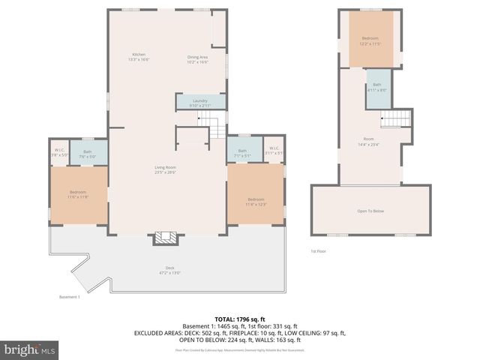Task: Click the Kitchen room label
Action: [139, 57]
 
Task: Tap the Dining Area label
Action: [197, 59]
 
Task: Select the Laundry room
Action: [199, 103]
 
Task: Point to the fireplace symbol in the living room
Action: [167, 238]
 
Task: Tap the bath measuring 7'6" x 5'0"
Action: [88, 154]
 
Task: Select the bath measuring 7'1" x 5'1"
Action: [242, 153]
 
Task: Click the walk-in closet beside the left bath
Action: [58, 153]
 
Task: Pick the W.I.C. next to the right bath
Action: [274, 150]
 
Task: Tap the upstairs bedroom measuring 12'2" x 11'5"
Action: [370, 40]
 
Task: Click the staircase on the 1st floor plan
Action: [395, 118]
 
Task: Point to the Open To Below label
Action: [370, 211]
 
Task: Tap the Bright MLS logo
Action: [30, 349]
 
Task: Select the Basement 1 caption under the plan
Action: [68, 297]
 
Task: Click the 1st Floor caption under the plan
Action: [319, 251]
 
